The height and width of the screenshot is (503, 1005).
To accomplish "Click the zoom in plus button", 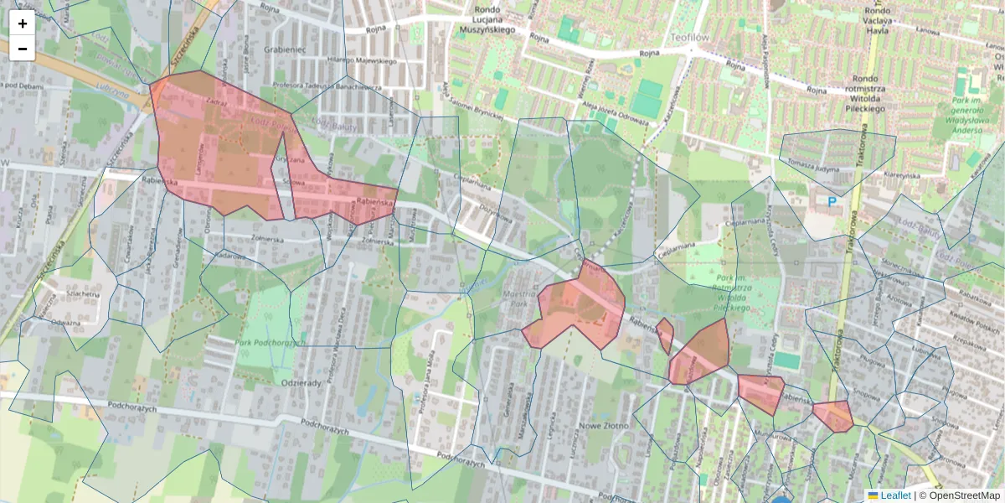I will pos(23,23).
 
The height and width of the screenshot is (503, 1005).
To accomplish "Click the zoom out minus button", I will pos(23,49).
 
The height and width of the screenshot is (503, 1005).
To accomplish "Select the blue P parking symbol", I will pos(832,201).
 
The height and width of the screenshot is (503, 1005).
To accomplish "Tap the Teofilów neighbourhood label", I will pos(689,38).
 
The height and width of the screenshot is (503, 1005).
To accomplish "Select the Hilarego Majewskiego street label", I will pos(361,61).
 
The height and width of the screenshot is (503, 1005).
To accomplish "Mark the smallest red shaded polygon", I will pos(665,335).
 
